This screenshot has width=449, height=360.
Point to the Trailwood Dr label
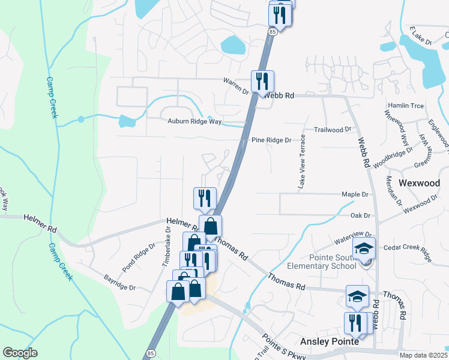(332, 130)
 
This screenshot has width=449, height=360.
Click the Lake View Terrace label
(303, 162)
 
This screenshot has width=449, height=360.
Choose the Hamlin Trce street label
(406, 106)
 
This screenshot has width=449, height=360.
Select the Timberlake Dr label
(167, 242)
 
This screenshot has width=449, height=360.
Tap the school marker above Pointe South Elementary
(364, 248)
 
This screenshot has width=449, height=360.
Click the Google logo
(20, 353)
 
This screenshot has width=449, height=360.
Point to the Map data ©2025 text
(423, 355)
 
